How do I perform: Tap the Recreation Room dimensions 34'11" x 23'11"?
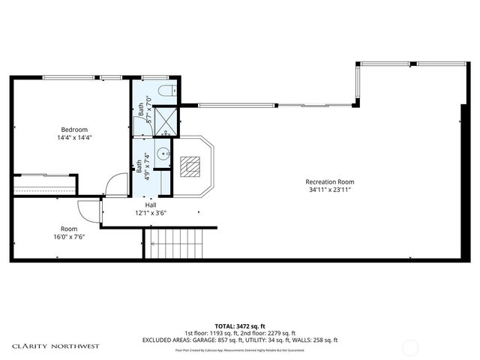[x=329, y=190]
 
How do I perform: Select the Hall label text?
[x=150, y=204]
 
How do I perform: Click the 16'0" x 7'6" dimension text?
[x=69, y=237]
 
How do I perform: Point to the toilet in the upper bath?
[x=167, y=91]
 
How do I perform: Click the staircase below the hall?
[x=175, y=245]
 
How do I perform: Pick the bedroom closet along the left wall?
[x=44, y=184]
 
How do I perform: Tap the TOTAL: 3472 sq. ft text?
[x=239, y=325]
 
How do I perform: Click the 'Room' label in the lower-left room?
[x=69, y=229]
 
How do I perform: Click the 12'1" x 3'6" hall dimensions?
[x=150, y=213]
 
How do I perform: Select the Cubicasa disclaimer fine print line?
[x=240, y=349]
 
